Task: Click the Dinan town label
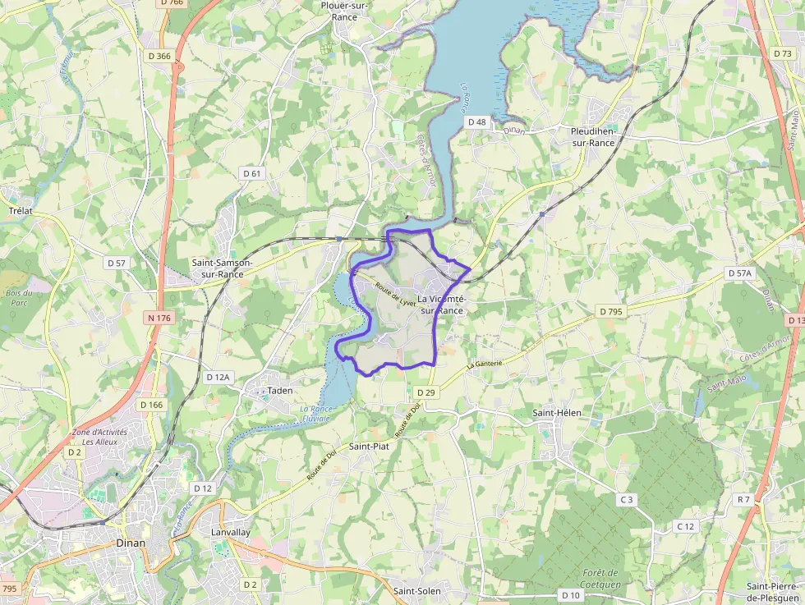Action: [x=131, y=543]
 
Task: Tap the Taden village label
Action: [x=280, y=391]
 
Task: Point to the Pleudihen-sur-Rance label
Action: [x=592, y=136]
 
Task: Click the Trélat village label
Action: [x=20, y=211]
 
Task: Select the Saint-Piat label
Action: [x=369, y=447]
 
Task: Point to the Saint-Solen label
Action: [x=416, y=591]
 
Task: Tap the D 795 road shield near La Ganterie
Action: [x=611, y=312]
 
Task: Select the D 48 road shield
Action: [x=477, y=122]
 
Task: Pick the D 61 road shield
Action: [x=252, y=173]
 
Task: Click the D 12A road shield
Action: [x=218, y=377]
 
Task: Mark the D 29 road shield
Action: [x=425, y=393]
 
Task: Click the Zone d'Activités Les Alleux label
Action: [x=95, y=437]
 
